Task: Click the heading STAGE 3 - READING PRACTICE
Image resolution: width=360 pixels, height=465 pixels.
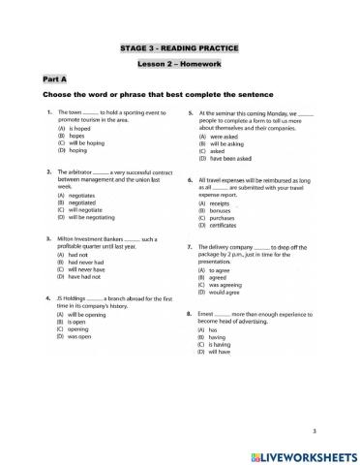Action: [179, 46]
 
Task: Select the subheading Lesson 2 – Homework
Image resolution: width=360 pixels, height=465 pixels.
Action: [179, 63]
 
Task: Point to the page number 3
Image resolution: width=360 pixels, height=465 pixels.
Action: [343, 429]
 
